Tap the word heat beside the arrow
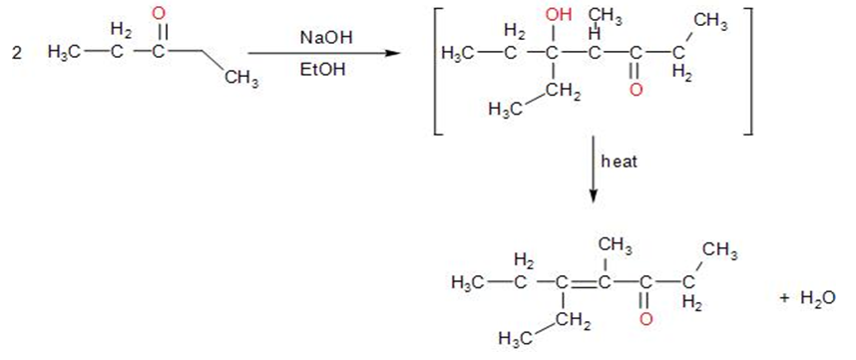tap(619, 162)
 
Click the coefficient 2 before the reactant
tap(17, 53)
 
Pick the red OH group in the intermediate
tap(559, 15)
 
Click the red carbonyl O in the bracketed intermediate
tap(635, 90)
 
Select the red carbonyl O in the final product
tap(645, 319)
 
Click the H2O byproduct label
tap(817, 298)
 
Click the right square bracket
tap(747, 71)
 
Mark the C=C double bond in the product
tap(583, 283)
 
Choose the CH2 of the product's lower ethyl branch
tap(572, 321)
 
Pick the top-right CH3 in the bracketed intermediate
tap(709, 23)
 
